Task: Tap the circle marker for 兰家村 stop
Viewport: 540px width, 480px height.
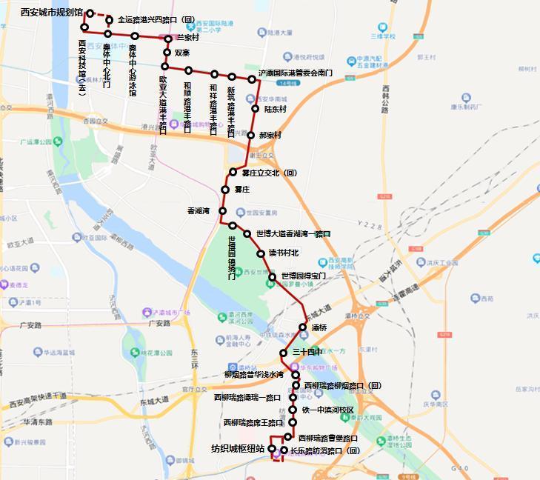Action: click(169, 38)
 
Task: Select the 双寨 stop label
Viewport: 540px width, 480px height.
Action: click(182, 53)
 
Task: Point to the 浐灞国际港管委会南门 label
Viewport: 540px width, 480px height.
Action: click(295, 73)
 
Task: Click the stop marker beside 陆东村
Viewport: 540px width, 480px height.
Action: click(256, 109)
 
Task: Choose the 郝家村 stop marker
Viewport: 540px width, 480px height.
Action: click(252, 136)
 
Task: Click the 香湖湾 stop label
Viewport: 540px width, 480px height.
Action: click(199, 211)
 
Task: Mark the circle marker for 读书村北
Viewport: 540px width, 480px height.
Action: click(261, 253)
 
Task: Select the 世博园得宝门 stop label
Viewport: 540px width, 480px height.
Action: click(303, 276)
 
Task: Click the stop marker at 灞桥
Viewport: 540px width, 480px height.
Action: click(303, 327)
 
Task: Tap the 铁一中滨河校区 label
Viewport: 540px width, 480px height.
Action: click(327, 410)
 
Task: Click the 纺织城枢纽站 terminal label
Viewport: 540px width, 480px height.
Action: click(238, 448)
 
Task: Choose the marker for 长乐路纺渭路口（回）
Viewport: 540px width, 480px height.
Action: click(284, 450)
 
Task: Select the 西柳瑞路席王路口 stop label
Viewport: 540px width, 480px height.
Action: click(253, 423)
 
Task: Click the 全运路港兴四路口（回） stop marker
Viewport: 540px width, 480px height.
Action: click(110, 20)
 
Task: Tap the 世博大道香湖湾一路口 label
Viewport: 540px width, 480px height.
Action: click(293, 234)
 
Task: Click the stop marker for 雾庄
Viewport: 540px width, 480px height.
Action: click(225, 190)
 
